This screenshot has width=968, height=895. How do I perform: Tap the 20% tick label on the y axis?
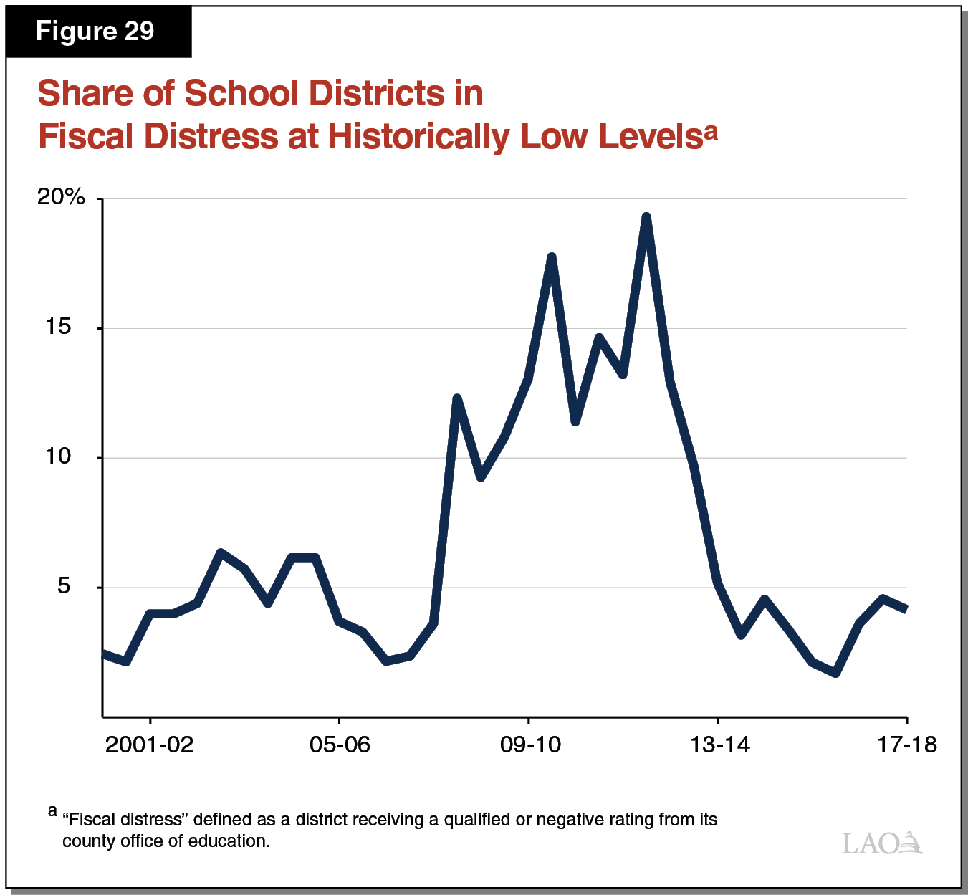coord(61,197)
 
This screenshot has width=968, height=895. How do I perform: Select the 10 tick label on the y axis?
coord(59,456)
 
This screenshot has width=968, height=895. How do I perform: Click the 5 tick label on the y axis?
coord(64,586)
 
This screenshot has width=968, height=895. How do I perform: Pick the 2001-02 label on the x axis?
coord(149,745)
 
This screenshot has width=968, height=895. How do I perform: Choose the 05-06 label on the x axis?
coord(340,745)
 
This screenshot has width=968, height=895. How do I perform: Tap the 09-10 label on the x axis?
coord(530,745)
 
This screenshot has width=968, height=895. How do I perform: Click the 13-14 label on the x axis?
coord(719,745)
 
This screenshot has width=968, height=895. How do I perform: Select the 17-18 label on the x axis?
coord(907,745)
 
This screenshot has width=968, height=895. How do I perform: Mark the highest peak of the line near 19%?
coord(646,217)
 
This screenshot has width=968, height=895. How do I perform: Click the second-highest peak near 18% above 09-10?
coord(552,257)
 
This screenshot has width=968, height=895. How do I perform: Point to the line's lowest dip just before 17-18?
coord(835,673)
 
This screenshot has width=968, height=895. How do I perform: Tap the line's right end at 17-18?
coord(906,608)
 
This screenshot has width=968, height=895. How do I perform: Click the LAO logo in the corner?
coord(882,843)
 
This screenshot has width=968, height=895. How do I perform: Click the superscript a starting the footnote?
coord(52,812)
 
